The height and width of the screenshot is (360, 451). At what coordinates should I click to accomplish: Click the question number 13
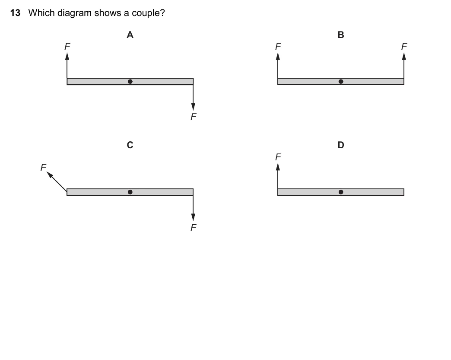click(x=15, y=13)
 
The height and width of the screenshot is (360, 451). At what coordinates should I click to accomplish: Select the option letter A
click(x=130, y=35)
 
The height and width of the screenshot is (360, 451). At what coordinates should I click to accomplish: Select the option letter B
click(x=341, y=35)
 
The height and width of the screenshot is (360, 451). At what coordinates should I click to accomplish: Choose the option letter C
click(x=130, y=145)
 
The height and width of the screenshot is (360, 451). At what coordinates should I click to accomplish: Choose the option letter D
click(x=341, y=145)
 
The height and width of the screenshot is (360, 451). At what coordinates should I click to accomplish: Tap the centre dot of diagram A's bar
click(x=130, y=81)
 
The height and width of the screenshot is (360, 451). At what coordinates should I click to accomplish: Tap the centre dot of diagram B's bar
click(x=341, y=81)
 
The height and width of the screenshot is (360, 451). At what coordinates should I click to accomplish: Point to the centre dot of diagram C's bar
click(x=130, y=192)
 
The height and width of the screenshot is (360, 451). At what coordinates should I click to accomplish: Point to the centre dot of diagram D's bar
click(x=341, y=192)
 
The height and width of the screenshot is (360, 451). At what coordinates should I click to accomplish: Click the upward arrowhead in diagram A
click(x=67, y=57)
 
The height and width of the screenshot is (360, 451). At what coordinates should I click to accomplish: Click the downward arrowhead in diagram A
click(x=193, y=106)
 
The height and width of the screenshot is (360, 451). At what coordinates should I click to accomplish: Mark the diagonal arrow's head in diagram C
click(x=50, y=175)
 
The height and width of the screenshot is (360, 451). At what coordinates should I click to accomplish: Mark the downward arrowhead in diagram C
click(x=193, y=217)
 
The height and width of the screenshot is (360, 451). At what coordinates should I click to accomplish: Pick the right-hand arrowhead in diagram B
click(x=404, y=57)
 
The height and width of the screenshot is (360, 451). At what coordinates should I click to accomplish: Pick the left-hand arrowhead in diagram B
click(x=278, y=57)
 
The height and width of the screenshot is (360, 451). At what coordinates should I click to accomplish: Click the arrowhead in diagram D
click(x=278, y=167)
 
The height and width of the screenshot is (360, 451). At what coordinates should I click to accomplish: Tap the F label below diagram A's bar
click(x=194, y=117)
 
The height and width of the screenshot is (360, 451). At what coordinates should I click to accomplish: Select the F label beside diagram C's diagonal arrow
click(x=44, y=167)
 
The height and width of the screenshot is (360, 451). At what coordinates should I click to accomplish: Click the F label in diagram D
click(x=278, y=157)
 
